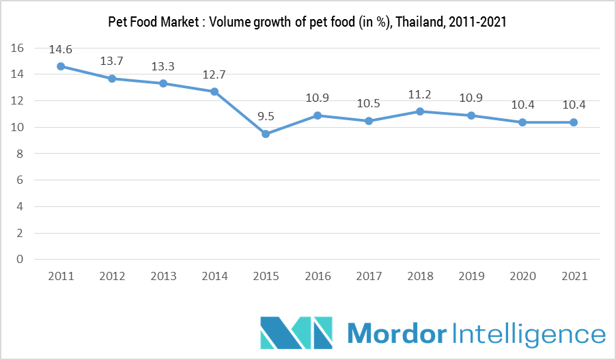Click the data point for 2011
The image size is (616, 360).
[x=61, y=66]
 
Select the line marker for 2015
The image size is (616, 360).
[x=266, y=134]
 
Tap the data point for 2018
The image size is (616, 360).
[x=420, y=111]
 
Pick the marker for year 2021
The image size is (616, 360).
[x=574, y=122]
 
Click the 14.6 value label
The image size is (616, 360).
[x=61, y=50]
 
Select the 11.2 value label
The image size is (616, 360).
[x=420, y=95]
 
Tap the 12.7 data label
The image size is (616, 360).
[x=214, y=74]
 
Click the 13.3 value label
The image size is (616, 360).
[x=163, y=66]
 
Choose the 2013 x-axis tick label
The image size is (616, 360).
[x=163, y=276]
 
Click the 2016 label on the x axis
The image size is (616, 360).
[x=318, y=276]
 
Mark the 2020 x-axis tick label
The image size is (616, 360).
[x=522, y=276]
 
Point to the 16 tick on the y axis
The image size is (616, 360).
[x=18, y=48]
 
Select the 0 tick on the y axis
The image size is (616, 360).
[x=20, y=259]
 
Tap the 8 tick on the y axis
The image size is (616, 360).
[x=20, y=154]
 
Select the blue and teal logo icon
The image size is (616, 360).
[x=296, y=333]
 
